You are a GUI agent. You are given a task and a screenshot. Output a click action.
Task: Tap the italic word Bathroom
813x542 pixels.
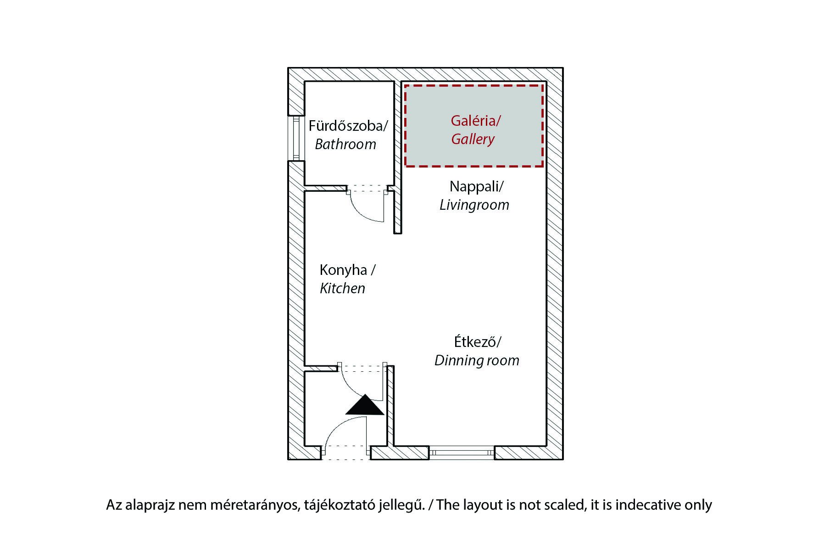pos(345,144)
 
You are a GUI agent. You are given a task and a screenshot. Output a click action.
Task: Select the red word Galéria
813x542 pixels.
pos(474,121)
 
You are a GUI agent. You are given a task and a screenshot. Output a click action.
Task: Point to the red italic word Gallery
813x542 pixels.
pos(473,139)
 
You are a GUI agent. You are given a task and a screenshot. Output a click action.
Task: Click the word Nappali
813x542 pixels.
pos(475,186)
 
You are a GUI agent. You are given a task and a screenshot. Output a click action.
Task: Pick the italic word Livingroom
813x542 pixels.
pos(474,205)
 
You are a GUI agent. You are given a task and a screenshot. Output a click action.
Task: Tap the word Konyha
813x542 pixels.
pos(344,270)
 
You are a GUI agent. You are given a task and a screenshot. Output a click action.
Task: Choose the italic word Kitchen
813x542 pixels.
pos(342,288)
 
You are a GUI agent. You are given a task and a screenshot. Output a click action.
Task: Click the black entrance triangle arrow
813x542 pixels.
pos(365,406)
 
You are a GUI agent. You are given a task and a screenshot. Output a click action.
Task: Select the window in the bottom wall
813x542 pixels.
pos(462,453)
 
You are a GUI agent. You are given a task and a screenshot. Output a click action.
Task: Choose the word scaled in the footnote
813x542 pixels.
pos(564,505)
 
